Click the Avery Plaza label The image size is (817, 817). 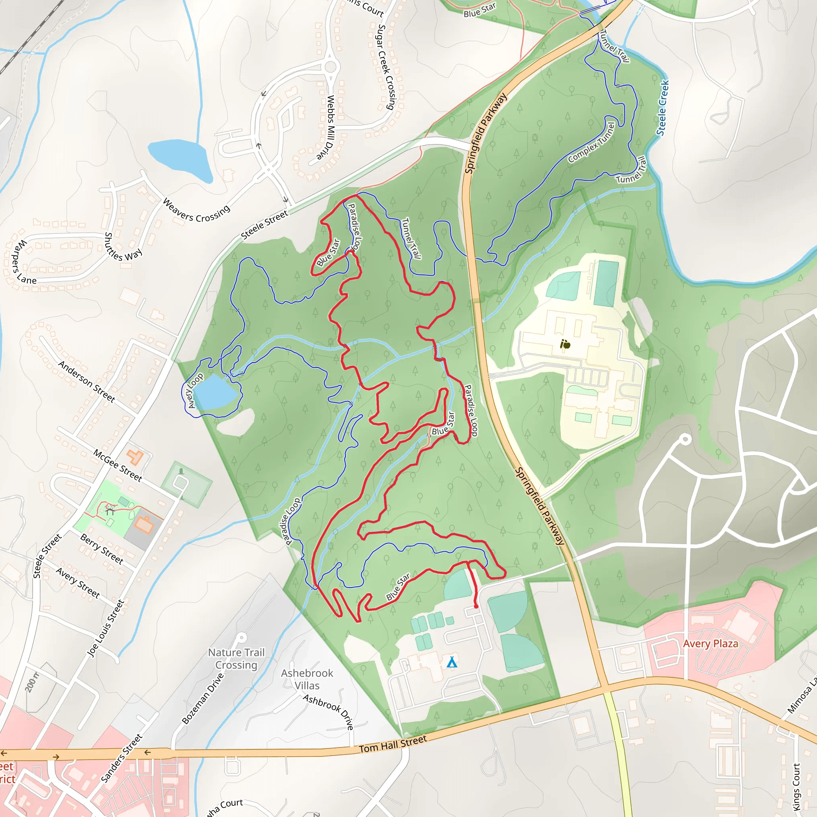point(710,643)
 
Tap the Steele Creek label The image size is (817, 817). point(663,108)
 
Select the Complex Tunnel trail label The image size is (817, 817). point(591,143)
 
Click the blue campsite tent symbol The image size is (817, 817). point(452,662)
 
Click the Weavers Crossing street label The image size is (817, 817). point(196,211)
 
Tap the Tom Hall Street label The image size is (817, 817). point(393,744)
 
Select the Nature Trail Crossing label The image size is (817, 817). point(237,659)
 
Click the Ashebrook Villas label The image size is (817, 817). point(307,679)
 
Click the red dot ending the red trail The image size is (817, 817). point(476,606)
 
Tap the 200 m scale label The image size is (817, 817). point(31,682)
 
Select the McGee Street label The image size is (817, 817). point(118,465)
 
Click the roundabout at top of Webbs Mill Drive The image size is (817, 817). point(331,66)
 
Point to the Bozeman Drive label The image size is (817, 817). point(203,699)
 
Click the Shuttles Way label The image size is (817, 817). point(123,247)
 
